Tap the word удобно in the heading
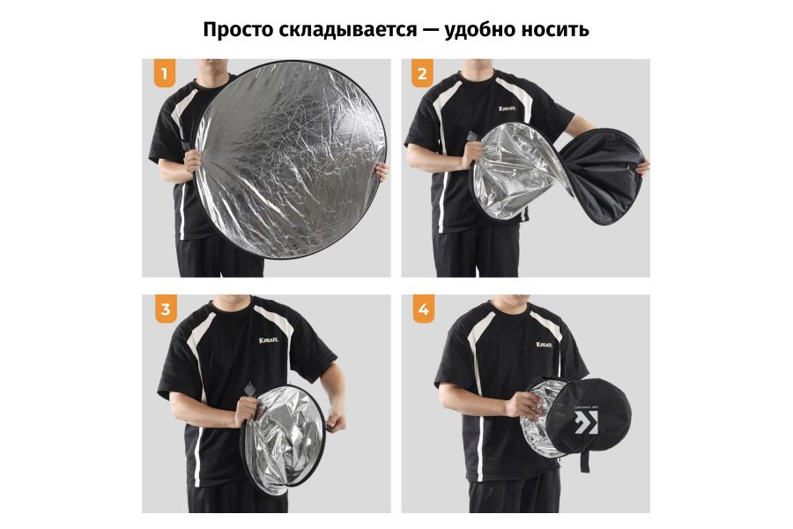(x=482, y=29)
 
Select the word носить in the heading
(x=556, y=29)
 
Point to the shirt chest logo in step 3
(x=270, y=341)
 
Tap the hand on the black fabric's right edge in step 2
(x=642, y=166)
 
